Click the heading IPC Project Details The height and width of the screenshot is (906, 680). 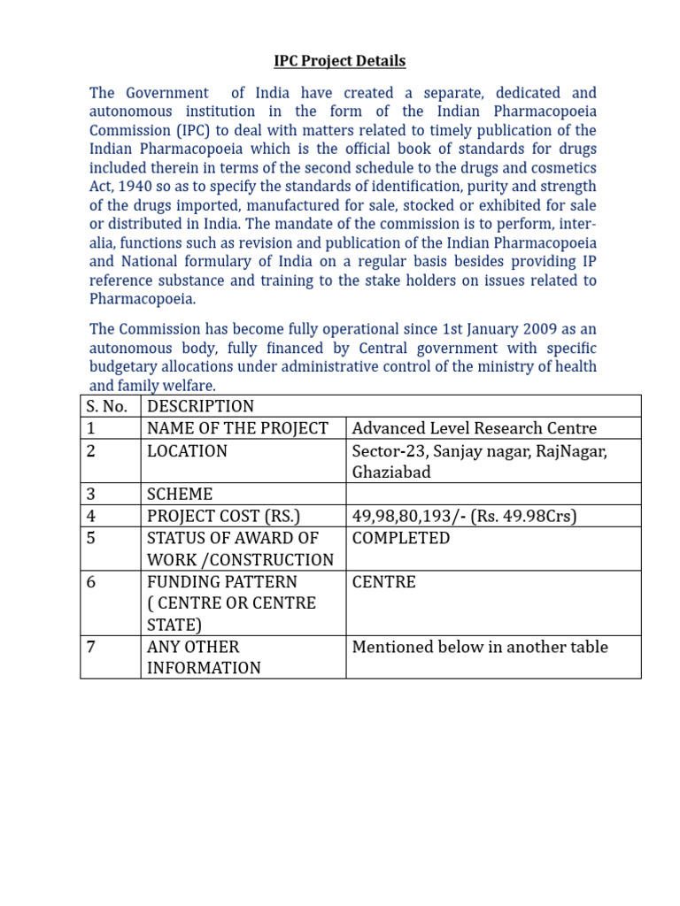tap(339, 61)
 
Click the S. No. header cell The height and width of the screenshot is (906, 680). tap(110, 406)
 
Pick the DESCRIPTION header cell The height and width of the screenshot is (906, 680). tap(201, 406)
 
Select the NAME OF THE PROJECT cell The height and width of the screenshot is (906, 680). tap(237, 428)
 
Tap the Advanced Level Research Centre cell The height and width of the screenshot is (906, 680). tap(475, 428)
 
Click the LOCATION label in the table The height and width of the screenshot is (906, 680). tap(188, 451)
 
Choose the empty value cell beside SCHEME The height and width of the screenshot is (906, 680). tap(493, 494)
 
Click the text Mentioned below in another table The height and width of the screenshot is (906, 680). tap(480, 647)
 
